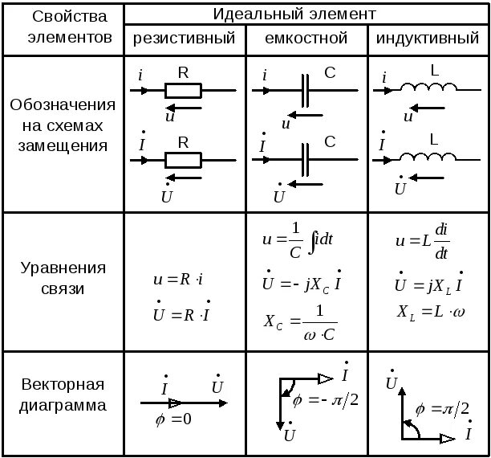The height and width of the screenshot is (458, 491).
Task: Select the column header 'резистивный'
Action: click(x=184, y=38)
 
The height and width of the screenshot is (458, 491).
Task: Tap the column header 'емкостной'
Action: click(x=306, y=38)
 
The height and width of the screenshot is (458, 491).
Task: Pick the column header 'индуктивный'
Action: click(x=428, y=38)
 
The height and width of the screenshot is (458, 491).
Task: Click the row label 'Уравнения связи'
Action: click(x=63, y=277)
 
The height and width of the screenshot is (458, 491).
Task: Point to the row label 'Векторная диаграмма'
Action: click(x=63, y=395)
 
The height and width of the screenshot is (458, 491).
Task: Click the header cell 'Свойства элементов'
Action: click(x=63, y=27)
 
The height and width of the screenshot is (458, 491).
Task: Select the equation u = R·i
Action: click(x=178, y=280)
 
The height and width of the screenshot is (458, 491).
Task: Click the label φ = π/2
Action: click(x=442, y=409)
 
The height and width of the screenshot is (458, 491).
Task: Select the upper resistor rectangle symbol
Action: click(x=183, y=90)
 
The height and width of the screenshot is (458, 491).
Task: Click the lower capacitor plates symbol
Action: click(x=306, y=160)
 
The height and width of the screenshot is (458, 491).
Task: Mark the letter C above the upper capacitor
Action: click(x=330, y=72)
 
